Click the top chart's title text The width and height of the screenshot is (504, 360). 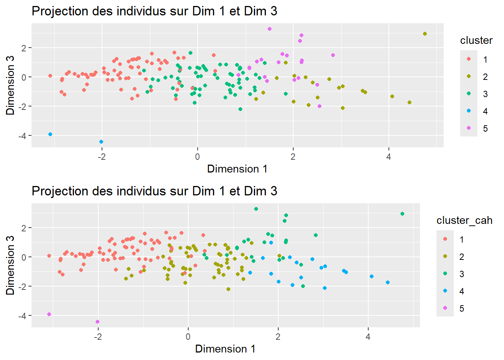[x=154, y=11]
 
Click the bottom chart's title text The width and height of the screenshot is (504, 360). [x=154, y=191]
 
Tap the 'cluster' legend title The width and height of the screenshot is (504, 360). [x=476, y=40]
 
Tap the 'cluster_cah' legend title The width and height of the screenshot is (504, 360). [x=464, y=220]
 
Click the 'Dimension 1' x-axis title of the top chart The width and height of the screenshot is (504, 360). [x=237, y=169]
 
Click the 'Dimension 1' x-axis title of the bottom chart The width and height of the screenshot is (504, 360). [x=225, y=349]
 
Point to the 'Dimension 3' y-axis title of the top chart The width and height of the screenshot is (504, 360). [x=10, y=85]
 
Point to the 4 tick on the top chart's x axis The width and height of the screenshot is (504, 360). [x=388, y=157]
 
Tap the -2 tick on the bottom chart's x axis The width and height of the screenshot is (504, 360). [x=98, y=337]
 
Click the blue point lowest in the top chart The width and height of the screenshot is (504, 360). [x=101, y=142]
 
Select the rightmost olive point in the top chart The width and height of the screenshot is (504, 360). [x=425, y=34]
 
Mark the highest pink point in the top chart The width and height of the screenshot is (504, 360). [x=270, y=29]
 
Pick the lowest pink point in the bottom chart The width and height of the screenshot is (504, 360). [x=97, y=322]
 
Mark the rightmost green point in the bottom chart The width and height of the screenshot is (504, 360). [x=402, y=214]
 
